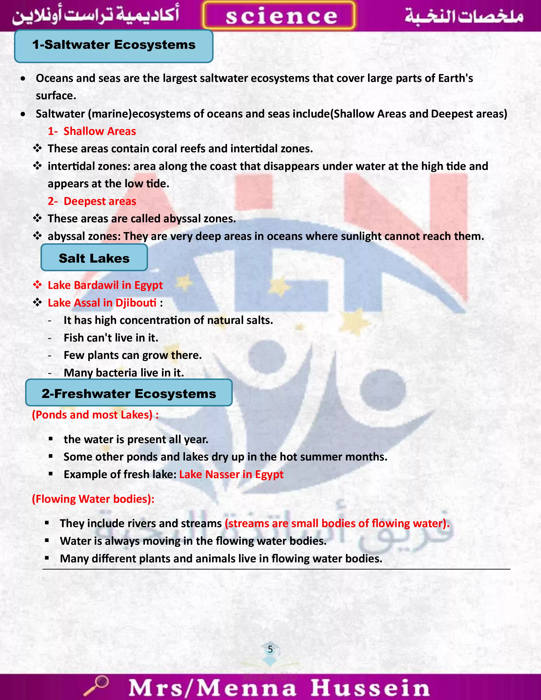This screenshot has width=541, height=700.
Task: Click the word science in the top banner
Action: (x=281, y=16)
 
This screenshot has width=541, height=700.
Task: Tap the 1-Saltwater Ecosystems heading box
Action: (x=114, y=46)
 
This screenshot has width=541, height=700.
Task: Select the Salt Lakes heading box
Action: (x=94, y=258)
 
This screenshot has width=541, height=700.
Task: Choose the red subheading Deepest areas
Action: (x=100, y=201)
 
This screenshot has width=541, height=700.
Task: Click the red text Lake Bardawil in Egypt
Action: (x=105, y=285)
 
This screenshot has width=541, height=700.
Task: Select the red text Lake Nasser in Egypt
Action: (x=231, y=474)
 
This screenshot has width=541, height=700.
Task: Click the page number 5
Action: (x=270, y=649)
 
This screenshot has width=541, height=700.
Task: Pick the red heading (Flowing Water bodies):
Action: (x=93, y=499)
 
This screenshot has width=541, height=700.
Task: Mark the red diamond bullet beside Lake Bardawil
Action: (x=38, y=285)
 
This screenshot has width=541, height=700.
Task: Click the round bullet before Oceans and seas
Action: (x=23, y=78)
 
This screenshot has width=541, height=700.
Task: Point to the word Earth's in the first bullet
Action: (x=456, y=78)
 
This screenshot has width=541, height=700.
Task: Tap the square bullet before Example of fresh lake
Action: (x=51, y=474)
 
